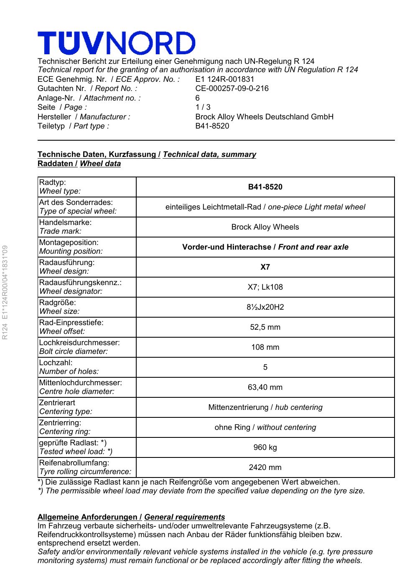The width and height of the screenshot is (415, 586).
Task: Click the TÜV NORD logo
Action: click(116, 43)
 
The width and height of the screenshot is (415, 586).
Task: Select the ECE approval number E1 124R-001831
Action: click(224, 79)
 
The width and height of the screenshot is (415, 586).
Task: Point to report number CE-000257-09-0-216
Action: click(232, 88)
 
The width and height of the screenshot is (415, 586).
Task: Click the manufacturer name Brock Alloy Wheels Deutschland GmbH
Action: click(264, 117)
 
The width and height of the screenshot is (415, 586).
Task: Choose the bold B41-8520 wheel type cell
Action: click(265, 187)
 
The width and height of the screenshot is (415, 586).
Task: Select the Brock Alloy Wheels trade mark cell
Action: click(265, 227)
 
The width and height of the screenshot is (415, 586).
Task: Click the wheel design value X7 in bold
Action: click(265, 267)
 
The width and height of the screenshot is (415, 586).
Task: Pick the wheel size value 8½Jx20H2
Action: click(265, 307)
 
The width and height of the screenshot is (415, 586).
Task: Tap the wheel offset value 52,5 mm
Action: click(265, 327)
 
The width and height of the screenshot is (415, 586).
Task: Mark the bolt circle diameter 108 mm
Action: click(265, 347)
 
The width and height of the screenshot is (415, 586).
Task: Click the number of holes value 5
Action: click(265, 367)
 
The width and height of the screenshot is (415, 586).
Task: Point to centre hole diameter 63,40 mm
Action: click(265, 387)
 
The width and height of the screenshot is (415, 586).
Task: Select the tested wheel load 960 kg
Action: click(265, 447)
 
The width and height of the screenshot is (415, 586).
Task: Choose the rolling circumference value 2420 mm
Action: click(265, 467)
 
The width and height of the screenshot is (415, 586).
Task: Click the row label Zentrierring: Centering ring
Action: click(65, 427)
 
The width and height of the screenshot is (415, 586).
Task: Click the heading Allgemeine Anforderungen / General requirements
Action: click(131, 517)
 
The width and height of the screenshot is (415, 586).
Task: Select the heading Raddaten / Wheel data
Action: click(79, 164)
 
